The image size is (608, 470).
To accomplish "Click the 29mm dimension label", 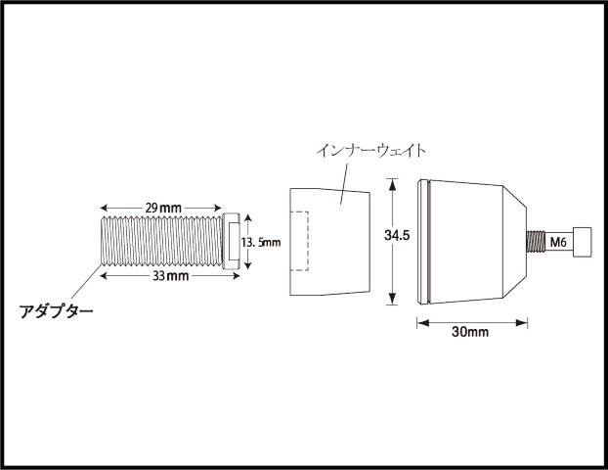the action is click(163, 208).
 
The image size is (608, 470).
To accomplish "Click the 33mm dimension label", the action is click(171, 276).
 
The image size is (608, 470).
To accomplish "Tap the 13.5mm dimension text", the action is click(261, 243).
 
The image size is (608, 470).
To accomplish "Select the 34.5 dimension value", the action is click(397, 235).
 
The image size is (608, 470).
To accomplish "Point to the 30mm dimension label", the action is click(470, 332).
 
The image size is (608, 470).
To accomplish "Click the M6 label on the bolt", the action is click(558, 243).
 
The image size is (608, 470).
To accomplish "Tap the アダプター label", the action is click(57, 311).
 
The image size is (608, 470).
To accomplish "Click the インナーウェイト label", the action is click(371, 151).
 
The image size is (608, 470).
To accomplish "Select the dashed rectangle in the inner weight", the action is click(299, 241).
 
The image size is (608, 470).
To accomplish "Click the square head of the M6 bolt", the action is click(583, 243).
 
